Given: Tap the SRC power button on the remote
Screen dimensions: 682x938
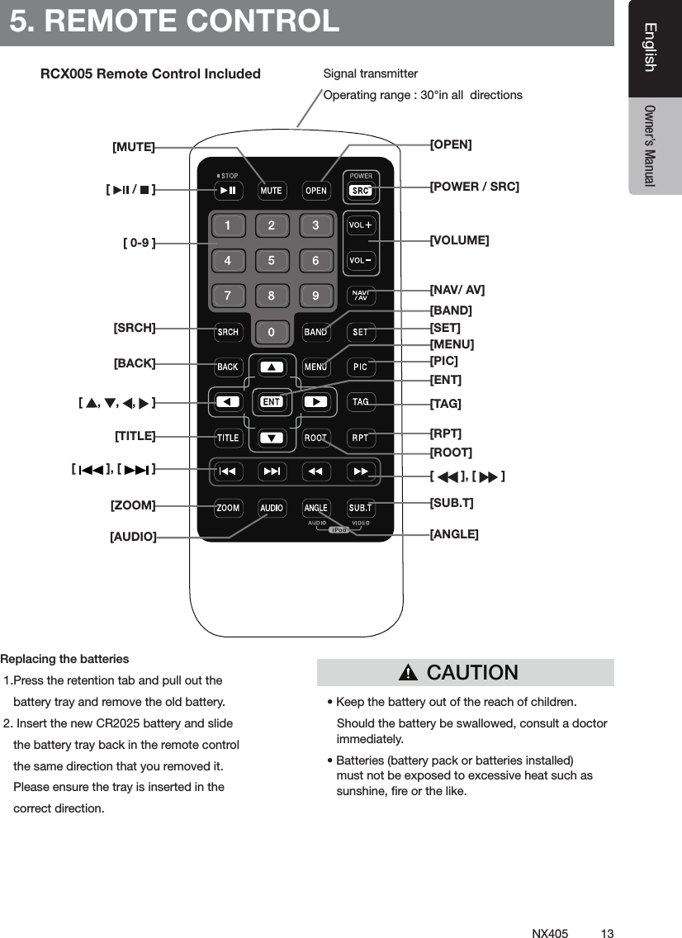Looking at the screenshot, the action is tap(361, 191).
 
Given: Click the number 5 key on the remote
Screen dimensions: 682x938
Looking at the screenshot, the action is tap(271, 261).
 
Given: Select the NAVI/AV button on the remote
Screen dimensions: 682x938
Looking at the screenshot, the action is tap(361, 296).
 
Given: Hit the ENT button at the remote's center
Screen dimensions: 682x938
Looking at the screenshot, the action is tap(272, 402).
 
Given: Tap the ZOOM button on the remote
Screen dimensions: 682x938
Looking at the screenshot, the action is tap(228, 508).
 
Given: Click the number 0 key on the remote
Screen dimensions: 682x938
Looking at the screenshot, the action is tap(271, 332).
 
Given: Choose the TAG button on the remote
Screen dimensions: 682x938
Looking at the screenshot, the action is tap(361, 402).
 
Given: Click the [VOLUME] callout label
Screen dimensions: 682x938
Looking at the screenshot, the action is tap(460, 240).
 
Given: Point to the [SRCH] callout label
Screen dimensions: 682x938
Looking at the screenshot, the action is tap(135, 328).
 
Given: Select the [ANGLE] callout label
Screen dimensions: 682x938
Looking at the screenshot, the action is tap(454, 534).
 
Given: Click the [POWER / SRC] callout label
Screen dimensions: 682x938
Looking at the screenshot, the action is tap(475, 187).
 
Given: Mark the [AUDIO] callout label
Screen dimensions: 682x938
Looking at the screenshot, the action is tap(133, 537).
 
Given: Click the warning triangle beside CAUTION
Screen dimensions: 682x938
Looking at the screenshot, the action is tap(408, 674).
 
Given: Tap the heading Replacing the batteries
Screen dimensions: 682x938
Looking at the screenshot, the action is tap(64, 659).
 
